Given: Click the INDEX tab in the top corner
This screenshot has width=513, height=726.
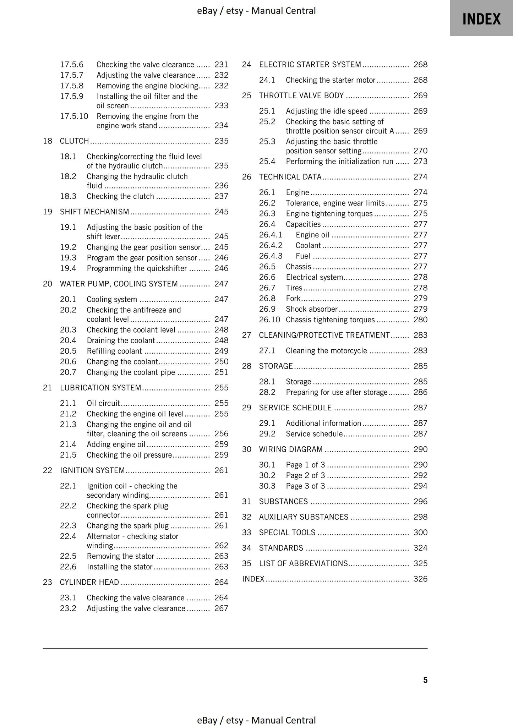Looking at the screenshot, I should [x=481, y=19].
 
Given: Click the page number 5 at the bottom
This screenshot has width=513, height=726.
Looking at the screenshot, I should [x=425, y=680].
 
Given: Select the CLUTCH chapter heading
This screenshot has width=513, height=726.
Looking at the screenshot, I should [x=74, y=141].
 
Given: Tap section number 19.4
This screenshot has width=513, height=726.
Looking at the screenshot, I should [x=68, y=268].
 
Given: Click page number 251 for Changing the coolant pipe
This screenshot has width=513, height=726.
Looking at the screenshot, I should [x=221, y=372].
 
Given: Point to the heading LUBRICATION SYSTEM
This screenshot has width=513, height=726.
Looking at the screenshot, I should [x=100, y=388].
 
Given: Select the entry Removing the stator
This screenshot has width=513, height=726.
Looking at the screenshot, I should [x=120, y=556].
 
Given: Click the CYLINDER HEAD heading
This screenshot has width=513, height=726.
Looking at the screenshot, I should [x=89, y=582].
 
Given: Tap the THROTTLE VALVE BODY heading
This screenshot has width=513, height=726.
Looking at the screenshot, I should [x=301, y=95].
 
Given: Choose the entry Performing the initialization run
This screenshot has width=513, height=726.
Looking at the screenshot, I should [x=339, y=162].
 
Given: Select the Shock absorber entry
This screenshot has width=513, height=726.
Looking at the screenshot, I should [x=311, y=309].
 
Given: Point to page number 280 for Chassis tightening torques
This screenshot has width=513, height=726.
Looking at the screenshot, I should [x=420, y=320].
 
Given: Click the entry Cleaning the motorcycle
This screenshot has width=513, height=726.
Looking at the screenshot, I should [x=326, y=351].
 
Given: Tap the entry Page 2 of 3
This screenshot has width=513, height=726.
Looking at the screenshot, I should [x=305, y=475].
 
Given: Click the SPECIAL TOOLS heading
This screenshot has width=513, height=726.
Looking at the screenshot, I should [x=287, y=533].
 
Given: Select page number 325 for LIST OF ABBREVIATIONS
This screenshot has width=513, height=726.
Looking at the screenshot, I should [x=420, y=563].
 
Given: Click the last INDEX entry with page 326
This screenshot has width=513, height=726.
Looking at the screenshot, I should [x=253, y=579].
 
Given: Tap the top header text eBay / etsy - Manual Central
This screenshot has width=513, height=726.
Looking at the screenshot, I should [x=256, y=11].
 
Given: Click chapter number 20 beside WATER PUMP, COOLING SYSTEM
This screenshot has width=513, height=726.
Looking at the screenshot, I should [x=48, y=284].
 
